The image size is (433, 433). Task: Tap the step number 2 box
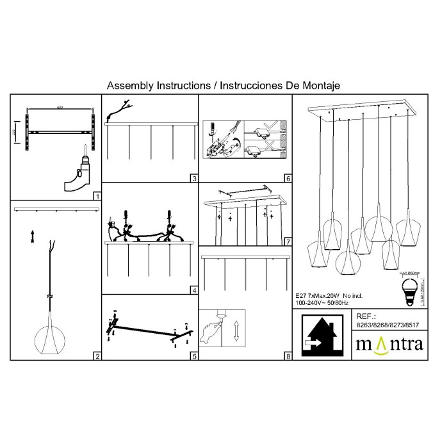point(97,356)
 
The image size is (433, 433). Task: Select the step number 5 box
point(193,356)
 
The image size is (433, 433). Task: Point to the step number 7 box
point(288,242)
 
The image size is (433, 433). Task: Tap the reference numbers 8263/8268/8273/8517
point(388,325)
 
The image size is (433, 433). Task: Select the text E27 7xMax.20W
point(317,295)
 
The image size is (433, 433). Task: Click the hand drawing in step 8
point(212,331)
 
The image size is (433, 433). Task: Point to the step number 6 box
point(288,179)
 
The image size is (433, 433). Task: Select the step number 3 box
point(193,179)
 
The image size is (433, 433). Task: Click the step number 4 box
point(193,290)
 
